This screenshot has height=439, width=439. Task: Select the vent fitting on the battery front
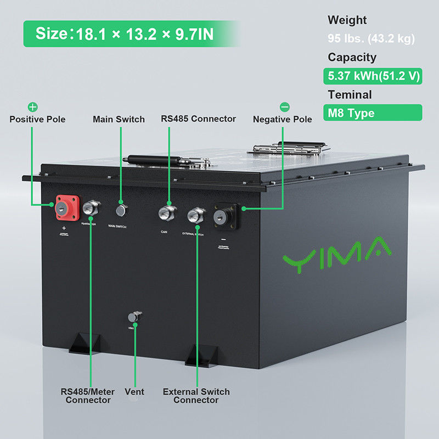[x=133, y=317]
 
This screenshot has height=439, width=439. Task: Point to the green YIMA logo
[x=336, y=254]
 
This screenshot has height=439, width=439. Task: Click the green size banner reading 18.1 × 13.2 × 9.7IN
[x=132, y=33]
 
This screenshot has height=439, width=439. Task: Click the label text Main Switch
[x=119, y=119]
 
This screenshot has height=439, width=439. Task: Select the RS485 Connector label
[x=198, y=119]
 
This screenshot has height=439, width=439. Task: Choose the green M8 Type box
[x=373, y=113]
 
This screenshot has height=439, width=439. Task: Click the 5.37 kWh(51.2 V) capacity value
[x=373, y=76]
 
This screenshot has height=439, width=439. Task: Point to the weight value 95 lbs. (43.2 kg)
[x=371, y=39]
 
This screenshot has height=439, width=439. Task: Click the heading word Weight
[x=347, y=20]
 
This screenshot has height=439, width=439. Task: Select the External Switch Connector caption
[x=196, y=396]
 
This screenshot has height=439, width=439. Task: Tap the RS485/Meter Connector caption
[x=88, y=396]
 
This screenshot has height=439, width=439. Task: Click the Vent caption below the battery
[x=134, y=391]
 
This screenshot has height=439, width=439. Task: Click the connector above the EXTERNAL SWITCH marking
[x=195, y=215]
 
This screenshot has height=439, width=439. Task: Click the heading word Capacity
[x=352, y=57]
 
